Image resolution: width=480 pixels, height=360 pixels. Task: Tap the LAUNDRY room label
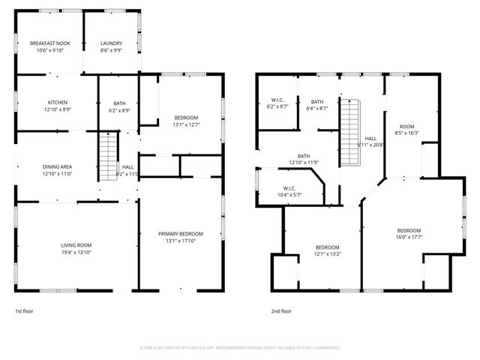tap(111, 43)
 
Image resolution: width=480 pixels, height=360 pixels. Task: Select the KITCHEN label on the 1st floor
tap(58, 103)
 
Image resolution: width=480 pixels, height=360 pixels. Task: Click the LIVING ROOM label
tap(76, 245)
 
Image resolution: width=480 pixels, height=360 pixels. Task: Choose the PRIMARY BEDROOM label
tap(180, 234)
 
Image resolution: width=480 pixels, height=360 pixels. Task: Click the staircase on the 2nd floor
tap(350, 135)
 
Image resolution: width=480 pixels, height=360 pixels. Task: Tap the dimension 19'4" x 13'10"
tap(76, 252)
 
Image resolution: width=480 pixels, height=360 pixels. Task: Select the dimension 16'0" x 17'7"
tap(409, 237)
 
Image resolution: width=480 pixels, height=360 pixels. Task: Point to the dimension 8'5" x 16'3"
tap(407, 133)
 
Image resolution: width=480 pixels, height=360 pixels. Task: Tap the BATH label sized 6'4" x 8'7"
tap(317, 101)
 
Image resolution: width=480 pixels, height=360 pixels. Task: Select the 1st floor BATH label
tap(120, 103)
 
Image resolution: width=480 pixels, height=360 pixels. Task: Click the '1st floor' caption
tap(24, 310)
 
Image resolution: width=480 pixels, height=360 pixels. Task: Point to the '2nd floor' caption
tap(281, 310)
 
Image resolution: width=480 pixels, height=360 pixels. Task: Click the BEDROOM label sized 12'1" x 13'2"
tap(328, 247)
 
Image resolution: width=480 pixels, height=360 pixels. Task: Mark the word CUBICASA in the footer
tap(213, 348)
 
